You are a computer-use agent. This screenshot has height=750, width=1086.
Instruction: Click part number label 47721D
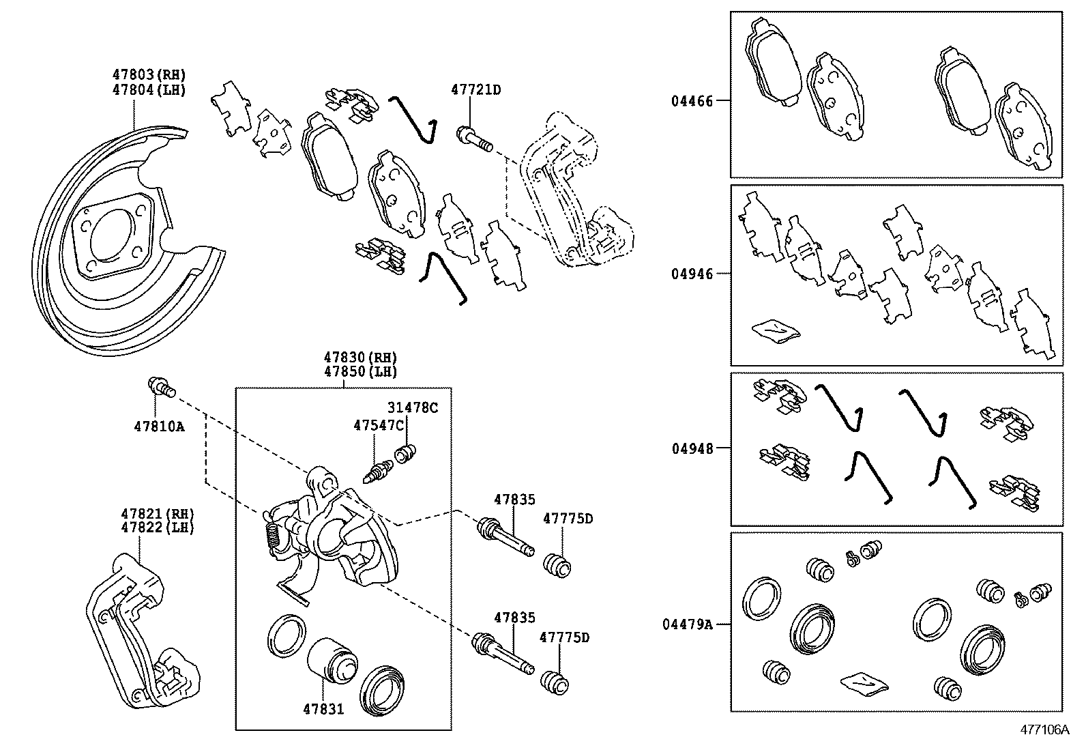[475, 89]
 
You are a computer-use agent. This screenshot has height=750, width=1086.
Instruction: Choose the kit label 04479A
[687, 624]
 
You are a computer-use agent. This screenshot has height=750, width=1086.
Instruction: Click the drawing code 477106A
[1044, 730]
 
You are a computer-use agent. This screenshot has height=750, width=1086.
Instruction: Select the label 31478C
[413, 407]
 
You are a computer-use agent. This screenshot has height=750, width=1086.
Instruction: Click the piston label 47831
[323, 709]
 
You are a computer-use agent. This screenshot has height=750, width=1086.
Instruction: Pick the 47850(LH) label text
[360, 372]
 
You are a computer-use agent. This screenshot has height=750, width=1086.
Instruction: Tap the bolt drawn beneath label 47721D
[475, 139]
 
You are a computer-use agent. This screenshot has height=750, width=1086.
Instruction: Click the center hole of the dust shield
[113, 236]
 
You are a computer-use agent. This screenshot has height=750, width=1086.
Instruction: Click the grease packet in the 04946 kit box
[776, 330]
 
